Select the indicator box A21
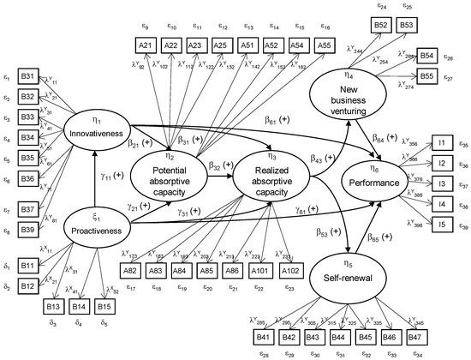[146, 44]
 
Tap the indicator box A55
[299, 44]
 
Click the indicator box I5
[442, 225]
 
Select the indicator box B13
[53, 305]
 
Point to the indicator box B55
[429, 75]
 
